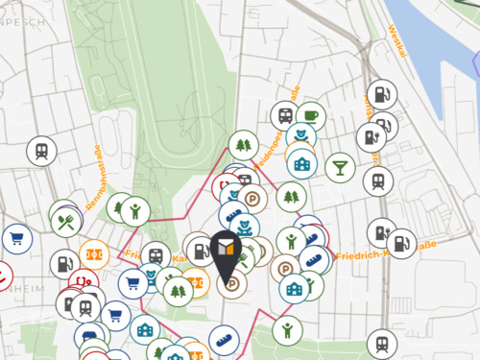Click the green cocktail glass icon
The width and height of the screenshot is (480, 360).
339,168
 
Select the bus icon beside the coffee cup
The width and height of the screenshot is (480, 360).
284,115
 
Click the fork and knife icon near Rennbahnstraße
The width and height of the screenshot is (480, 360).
65,223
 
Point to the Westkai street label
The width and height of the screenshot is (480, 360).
397,41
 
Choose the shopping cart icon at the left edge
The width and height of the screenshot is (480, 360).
17,239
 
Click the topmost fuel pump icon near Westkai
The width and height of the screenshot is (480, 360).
381,94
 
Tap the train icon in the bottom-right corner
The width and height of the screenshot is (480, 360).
382,343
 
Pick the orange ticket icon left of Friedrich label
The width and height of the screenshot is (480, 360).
93,253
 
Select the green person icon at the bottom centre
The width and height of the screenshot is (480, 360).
287,331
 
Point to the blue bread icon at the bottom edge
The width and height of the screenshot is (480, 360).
222,339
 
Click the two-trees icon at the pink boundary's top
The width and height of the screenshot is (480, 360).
242,146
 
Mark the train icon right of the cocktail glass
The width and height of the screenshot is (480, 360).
376,180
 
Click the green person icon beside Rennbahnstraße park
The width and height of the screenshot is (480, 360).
135,209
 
